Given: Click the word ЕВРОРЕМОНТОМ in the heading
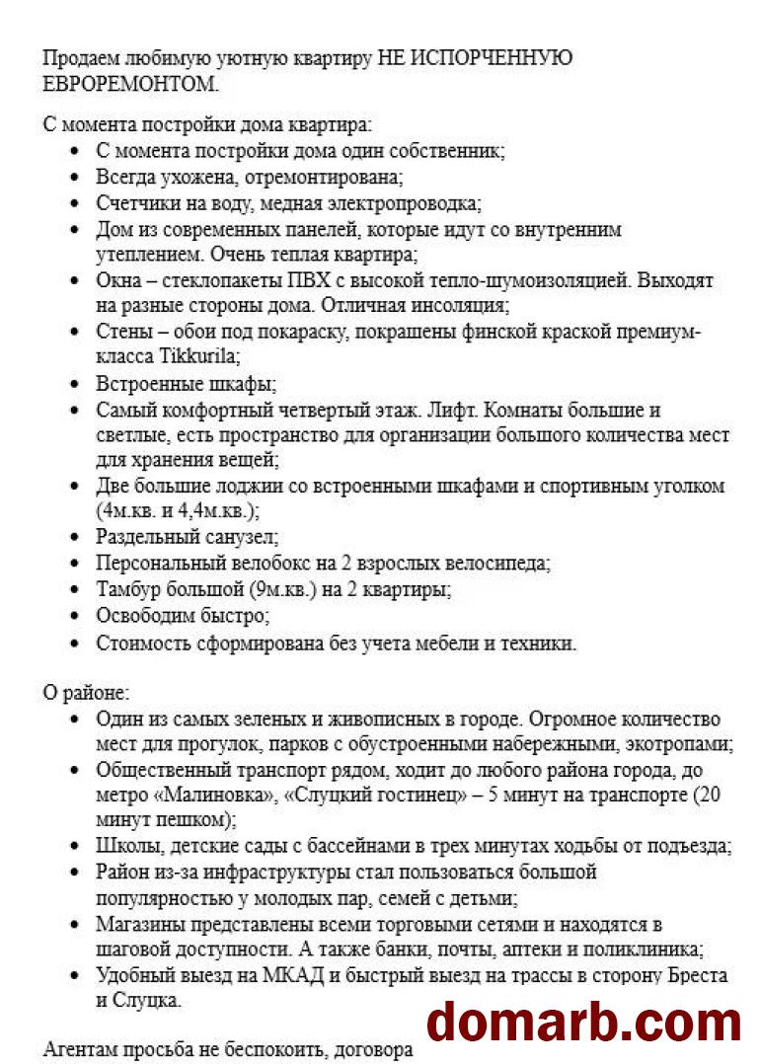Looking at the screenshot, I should coord(129,84).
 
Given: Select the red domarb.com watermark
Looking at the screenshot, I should coord(583,1020).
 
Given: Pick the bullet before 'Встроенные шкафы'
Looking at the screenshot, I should coord(75,384).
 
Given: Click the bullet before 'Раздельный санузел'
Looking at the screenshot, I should coord(75,538).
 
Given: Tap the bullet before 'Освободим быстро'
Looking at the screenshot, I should coord(75,616).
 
